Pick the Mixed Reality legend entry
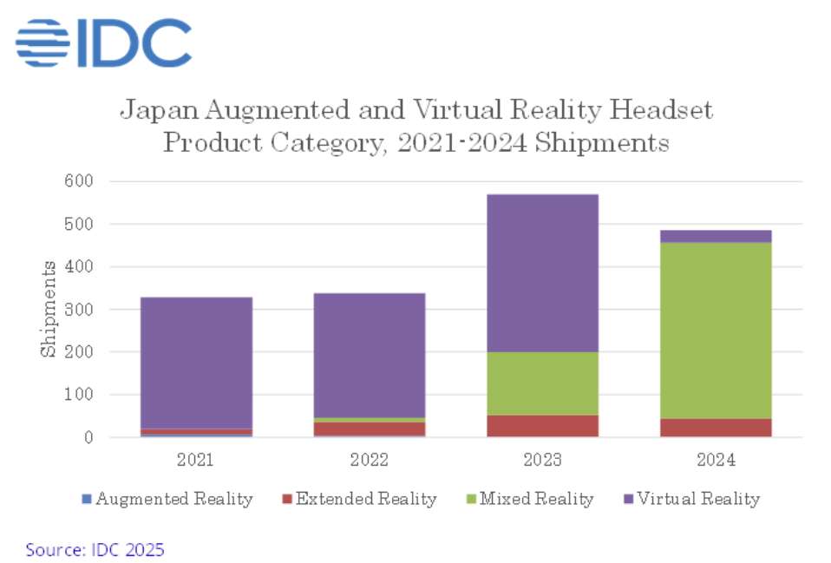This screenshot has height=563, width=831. click(532, 499)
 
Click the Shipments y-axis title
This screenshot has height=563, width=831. click(48, 309)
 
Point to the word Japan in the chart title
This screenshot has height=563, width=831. click(151, 111)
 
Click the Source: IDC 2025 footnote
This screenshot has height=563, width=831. click(95, 549)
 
